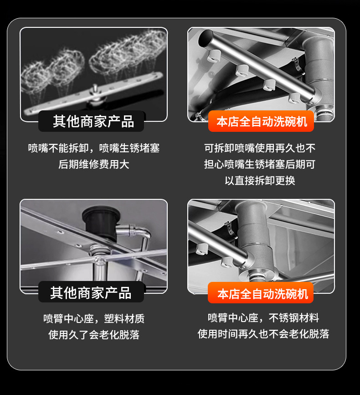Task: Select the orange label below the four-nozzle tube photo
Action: tap(261, 122)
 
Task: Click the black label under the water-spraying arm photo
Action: tap(93, 122)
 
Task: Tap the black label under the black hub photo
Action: tap(91, 292)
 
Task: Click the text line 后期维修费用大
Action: tap(94, 164)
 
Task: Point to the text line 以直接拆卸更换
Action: tap(260, 180)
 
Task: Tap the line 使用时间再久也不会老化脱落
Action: tap(263, 334)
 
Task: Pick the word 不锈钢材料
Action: tap(294, 318)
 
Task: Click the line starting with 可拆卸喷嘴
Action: tap(260, 148)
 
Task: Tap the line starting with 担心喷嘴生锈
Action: tap(260, 164)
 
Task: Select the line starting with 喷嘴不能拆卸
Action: tap(94, 148)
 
